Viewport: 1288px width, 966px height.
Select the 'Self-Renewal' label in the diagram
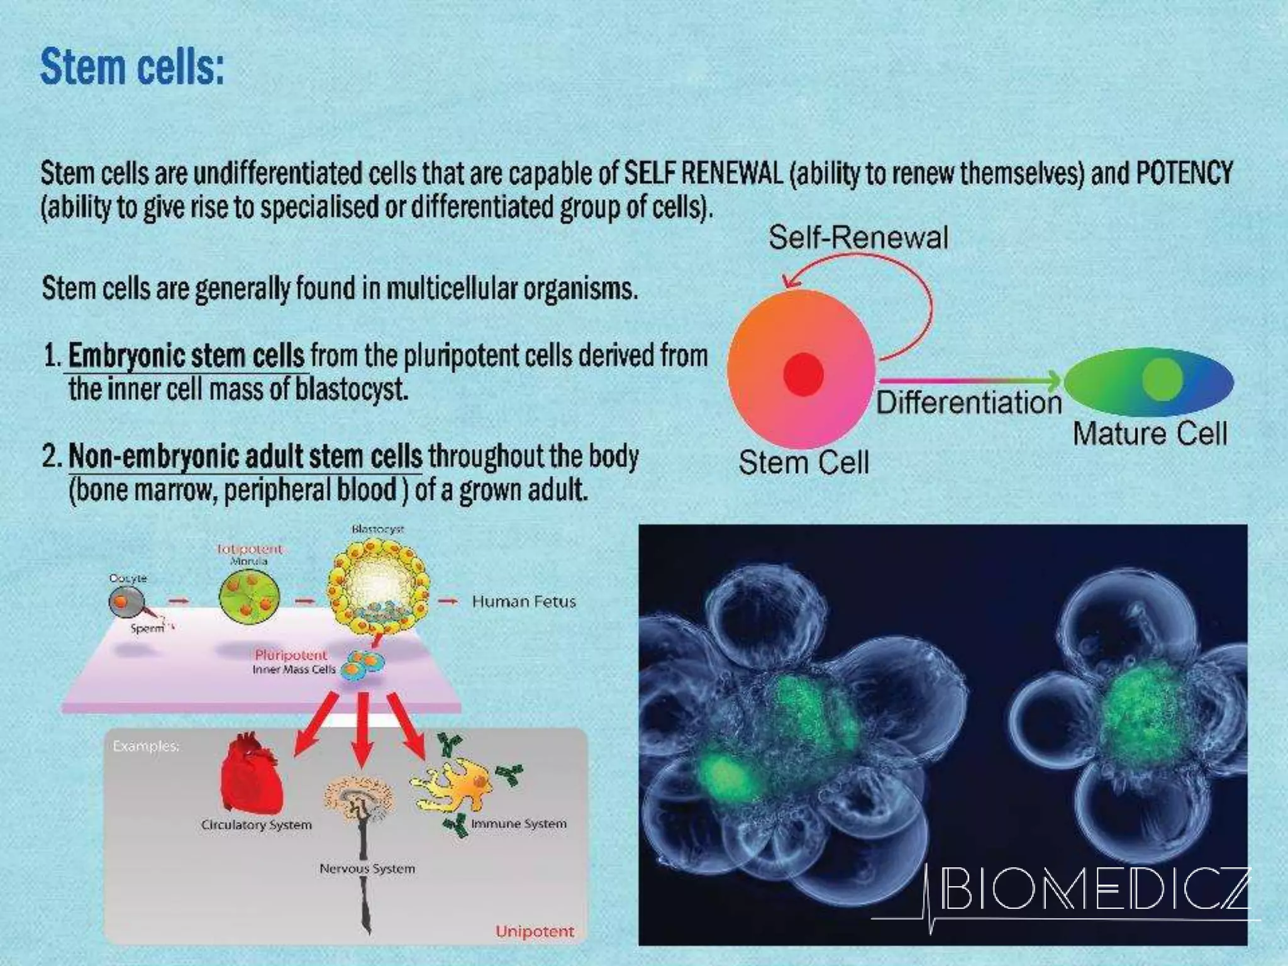(x=858, y=238)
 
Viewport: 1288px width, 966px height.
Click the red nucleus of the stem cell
(x=803, y=374)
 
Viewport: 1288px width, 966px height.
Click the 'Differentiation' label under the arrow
(x=969, y=402)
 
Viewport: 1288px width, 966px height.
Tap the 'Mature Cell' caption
(x=1150, y=434)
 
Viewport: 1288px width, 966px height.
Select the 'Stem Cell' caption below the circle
(x=803, y=463)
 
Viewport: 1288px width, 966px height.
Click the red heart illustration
(x=250, y=774)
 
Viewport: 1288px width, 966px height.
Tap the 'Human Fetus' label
(x=523, y=602)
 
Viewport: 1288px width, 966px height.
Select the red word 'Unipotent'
(x=535, y=931)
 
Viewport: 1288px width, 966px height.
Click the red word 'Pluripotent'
(x=291, y=655)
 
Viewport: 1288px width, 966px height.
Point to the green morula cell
(x=249, y=594)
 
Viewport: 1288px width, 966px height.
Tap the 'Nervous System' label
(x=367, y=869)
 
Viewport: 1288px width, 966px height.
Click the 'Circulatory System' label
(x=257, y=824)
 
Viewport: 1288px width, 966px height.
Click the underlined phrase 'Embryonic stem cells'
(x=186, y=356)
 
